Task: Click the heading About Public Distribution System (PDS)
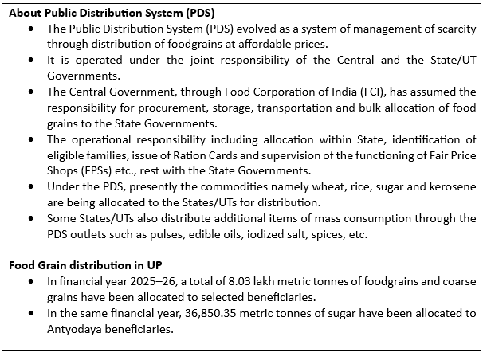pos(112,12)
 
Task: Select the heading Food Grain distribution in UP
pos(86,265)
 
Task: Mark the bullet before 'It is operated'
pos(31,60)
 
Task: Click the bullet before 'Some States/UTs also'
pos(31,217)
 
